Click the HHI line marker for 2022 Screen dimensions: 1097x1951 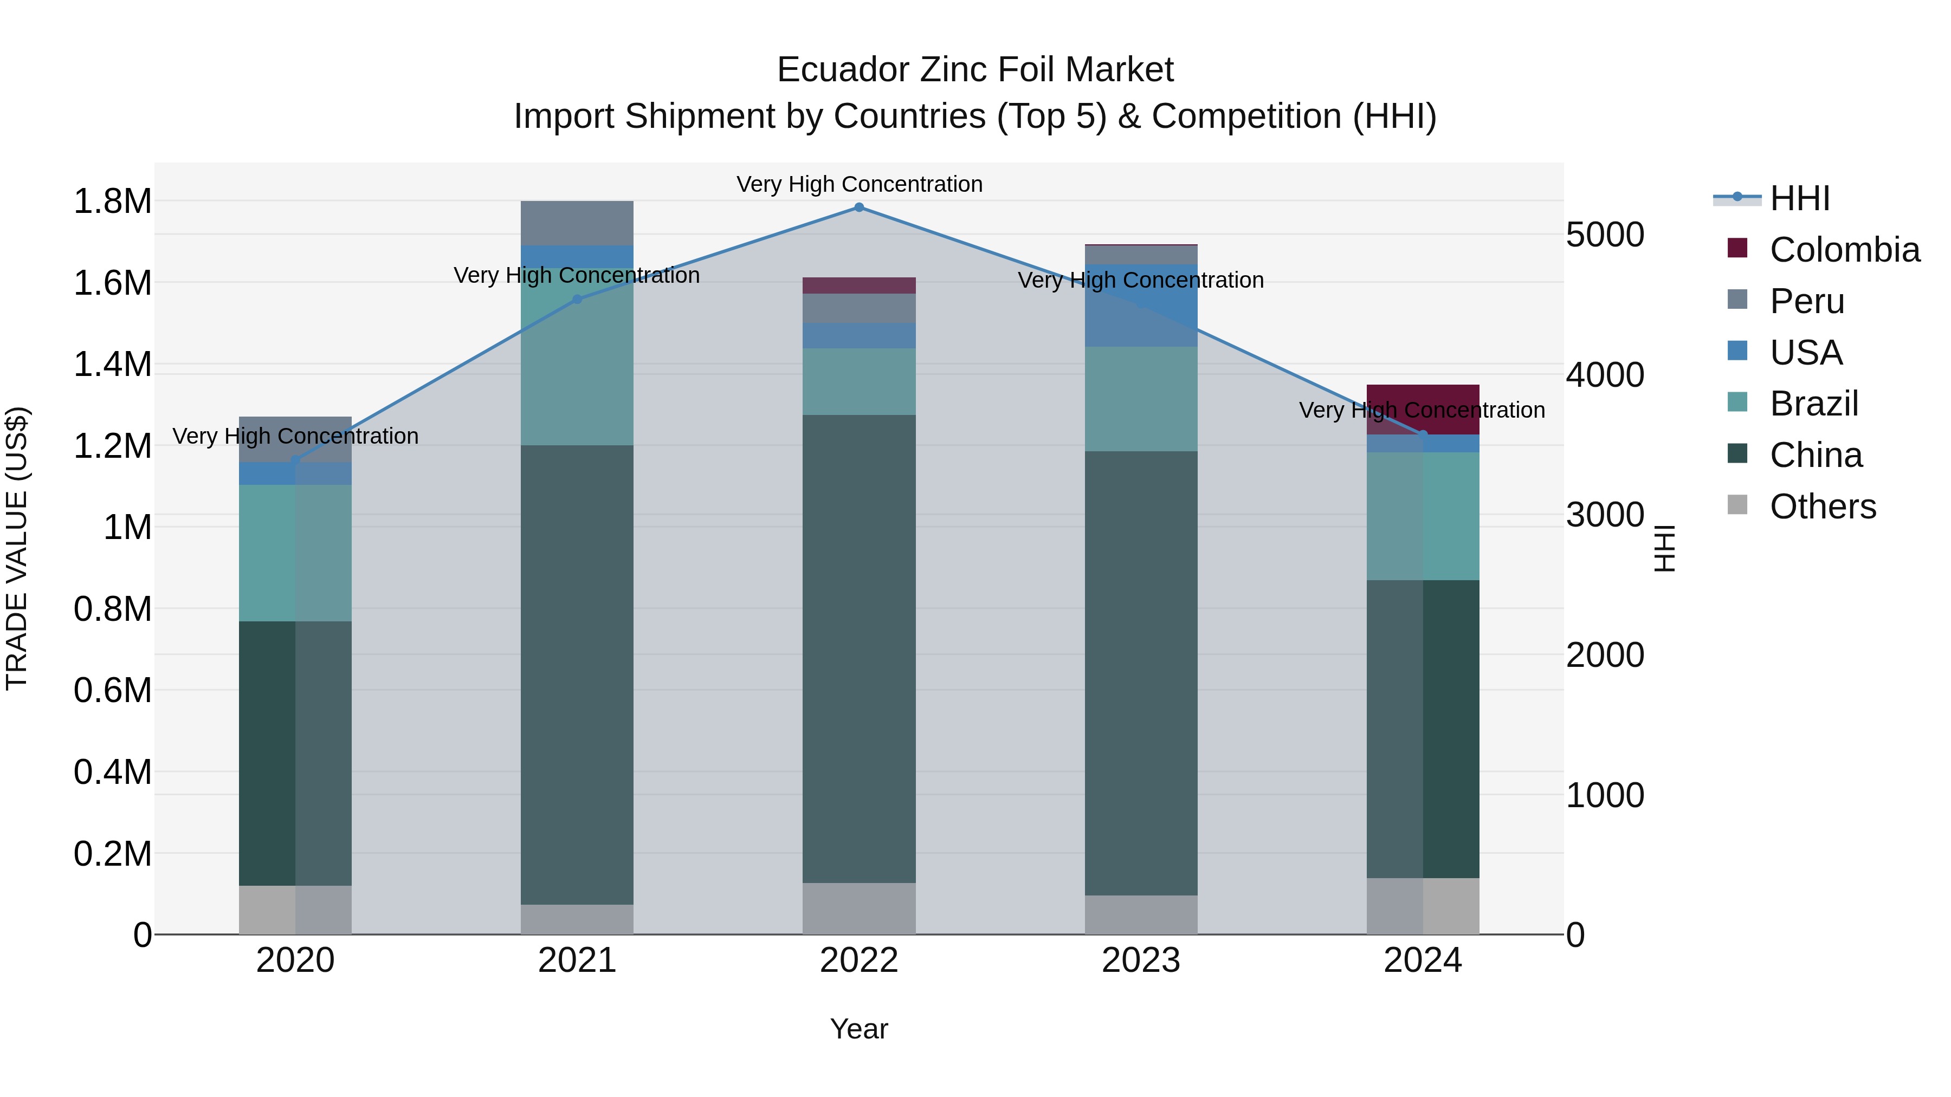[x=859, y=207]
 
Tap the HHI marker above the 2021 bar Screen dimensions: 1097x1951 [x=577, y=299]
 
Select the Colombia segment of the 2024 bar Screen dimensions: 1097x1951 [x=1423, y=409]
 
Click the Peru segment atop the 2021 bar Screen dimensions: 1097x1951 [x=577, y=223]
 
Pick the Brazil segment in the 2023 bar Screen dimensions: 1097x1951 [x=1141, y=399]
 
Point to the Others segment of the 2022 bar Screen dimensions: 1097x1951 [x=859, y=908]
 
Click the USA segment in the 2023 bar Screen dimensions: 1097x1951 [x=1141, y=305]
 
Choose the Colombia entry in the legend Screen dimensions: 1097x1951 [x=1844, y=250]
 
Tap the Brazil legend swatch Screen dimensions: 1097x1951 [x=1737, y=402]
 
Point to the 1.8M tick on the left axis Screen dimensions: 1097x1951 [x=112, y=202]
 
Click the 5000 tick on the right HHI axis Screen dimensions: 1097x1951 [x=1605, y=235]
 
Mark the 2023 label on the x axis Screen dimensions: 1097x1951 [x=1141, y=960]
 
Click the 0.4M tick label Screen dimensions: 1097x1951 [x=112, y=772]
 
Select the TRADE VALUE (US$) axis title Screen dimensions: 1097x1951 [x=17, y=548]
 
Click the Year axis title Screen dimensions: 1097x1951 [x=859, y=1029]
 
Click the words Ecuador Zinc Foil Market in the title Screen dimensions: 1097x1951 [x=975, y=70]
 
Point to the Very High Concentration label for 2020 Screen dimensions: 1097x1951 [x=295, y=436]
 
